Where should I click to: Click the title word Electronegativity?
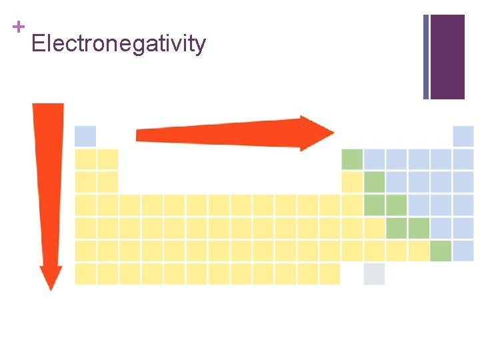click(119, 44)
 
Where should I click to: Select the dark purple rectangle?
click(447, 57)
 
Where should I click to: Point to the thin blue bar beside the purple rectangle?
click(426, 57)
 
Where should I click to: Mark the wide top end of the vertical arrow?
click(49, 108)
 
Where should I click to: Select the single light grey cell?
click(374, 274)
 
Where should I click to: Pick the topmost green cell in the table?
click(352, 159)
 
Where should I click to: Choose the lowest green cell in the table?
click(441, 251)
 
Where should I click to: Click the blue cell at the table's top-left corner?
click(85, 136)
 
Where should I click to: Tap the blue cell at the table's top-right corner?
click(463, 136)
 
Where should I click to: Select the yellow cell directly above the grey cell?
click(374, 251)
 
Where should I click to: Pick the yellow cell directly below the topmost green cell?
click(352, 182)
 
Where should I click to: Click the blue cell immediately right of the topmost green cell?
click(375, 159)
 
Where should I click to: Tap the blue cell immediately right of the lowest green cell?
click(463, 251)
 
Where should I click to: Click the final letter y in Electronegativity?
click(201, 47)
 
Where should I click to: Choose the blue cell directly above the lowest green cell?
click(441, 228)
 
